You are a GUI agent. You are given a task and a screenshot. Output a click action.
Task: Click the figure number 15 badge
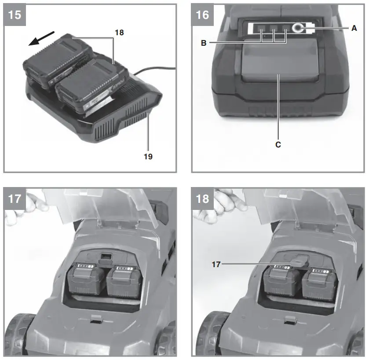tap(14, 15)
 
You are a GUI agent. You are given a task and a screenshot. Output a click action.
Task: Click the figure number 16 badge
tap(202, 15)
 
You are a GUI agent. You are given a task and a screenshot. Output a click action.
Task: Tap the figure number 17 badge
tap(14, 198)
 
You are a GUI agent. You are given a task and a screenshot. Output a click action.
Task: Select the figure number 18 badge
tap(202, 198)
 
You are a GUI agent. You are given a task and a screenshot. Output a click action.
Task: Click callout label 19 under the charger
tap(148, 156)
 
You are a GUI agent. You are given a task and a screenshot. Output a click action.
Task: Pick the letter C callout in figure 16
tap(278, 144)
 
